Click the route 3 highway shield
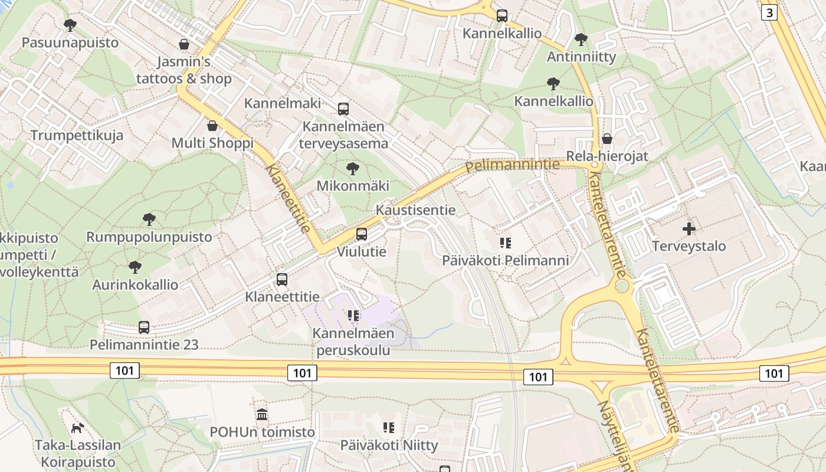pyautogui.click(x=769, y=12)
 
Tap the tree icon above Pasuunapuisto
pyautogui.click(x=70, y=25)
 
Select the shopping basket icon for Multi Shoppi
pyautogui.click(x=212, y=126)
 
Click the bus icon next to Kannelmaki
pyautogui.click(x=343, y=109)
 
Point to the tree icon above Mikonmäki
pyautogui.click(x=353, y=169)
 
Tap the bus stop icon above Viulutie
pyautogui.click(x=362, y=234)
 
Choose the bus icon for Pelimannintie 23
pyautogui.click(x=144, y=327)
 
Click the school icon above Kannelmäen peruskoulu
pyautogui.click(x=353, y=316)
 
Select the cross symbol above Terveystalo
pyautogui.click(x=689, y=228)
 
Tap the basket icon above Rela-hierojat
pyautogui.click(x=607, y=139)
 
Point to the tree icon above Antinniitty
pyautogui.click(x=581, y=40)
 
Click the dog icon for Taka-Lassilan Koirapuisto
pyautogui.click(x=77, y=427)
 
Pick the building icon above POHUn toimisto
pyautogui.click(x=263, y=415)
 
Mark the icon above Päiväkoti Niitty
pyautogui.click(x=388, y=427)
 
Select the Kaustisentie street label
pyautogui.click(x=415, y=210)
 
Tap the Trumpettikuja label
pyautogui.click(x=77, y=135)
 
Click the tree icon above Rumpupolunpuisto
pyautogui.click(x=149, y=219)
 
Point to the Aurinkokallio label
pyautogui.click(x=135, y=284)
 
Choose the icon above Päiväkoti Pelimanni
pyautogui.click(x=505, y=242)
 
